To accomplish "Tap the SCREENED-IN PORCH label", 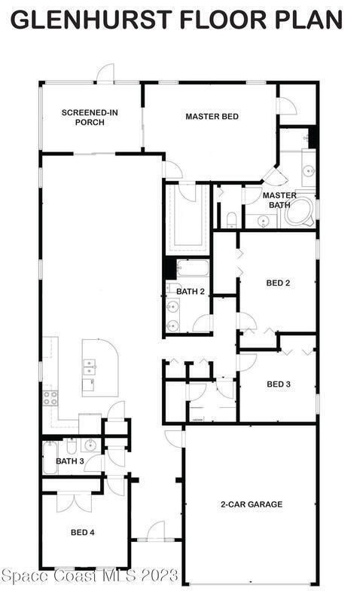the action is point(90,118).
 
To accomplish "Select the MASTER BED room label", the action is point(212,116).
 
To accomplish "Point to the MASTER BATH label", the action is point(279,200).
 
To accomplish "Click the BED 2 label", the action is point(278,283).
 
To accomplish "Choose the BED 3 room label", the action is point(279,384).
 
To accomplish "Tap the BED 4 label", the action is point(83,532).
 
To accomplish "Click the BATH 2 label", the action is point(191,292).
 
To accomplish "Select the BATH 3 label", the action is point(70,461).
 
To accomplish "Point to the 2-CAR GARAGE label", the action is point(252,504).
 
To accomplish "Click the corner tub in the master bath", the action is point(300,213).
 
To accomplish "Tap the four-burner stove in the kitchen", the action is point(50,398).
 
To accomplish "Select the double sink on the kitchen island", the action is point(89,366).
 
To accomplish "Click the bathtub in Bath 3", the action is point(50,458).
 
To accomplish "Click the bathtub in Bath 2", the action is point(193,268).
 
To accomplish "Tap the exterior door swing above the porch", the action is point(105,73).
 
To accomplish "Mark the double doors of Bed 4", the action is point(74,502).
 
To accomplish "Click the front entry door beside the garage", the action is point(157,531).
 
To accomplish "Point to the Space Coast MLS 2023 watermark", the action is point(90,575).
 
